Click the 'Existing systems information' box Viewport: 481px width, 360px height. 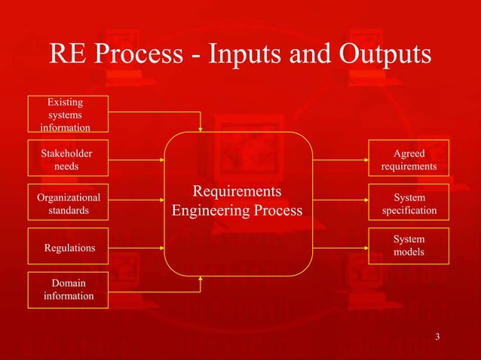pos(66,114)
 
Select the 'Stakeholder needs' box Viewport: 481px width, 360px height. pos(66,159)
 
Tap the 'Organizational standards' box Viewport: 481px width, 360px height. pos(66,203)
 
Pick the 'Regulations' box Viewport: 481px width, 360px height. pos(66,247)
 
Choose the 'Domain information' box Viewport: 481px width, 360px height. pos(66,290)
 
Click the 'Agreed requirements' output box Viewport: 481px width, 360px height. pos(409,159)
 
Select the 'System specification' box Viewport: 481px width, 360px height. pos(409,203)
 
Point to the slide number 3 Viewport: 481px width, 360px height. pos(438,337)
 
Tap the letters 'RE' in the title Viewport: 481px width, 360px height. pos(67,55)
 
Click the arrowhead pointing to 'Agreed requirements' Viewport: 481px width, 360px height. pos(365,159)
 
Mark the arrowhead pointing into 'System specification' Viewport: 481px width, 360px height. pos(365,203)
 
